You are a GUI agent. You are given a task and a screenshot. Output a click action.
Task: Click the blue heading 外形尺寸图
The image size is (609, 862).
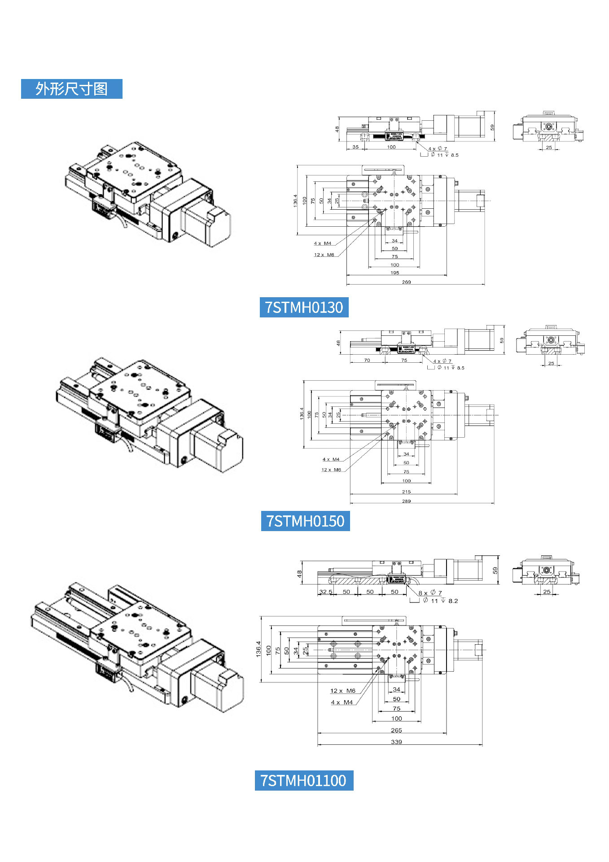71,89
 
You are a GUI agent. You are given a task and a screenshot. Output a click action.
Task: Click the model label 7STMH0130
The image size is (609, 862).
304,308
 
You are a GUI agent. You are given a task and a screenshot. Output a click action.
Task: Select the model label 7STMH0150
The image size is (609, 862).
305,521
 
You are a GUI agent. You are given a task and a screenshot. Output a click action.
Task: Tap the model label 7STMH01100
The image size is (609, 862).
304,781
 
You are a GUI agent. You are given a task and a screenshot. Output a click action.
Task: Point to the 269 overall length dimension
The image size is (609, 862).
406,282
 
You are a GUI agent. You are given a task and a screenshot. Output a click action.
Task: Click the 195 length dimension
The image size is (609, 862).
394,273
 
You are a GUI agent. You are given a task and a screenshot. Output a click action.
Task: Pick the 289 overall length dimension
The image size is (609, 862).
406,501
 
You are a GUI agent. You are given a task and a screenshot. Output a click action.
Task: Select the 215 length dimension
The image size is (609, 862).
406,492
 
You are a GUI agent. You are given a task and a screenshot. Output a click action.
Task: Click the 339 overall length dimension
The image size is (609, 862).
396,742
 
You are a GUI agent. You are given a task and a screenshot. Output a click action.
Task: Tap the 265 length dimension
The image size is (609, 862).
396,730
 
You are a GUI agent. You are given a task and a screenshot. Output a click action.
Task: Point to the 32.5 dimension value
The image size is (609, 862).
325,592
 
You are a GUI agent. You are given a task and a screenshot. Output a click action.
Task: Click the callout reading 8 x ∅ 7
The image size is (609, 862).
430,593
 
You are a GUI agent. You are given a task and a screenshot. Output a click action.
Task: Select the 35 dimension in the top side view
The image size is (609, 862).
355,147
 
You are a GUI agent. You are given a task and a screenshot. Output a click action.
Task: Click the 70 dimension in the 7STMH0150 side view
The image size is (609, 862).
367,360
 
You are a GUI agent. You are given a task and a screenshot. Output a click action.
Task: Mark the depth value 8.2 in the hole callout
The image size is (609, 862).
453,601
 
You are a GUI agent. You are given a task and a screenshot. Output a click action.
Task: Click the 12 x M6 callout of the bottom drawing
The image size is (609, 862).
342,691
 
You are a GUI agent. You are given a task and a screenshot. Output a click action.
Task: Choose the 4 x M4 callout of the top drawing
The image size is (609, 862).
322,243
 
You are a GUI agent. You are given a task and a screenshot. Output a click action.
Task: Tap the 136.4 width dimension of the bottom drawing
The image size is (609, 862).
258,649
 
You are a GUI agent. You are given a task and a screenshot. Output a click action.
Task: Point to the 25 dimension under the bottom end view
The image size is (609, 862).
547,592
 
